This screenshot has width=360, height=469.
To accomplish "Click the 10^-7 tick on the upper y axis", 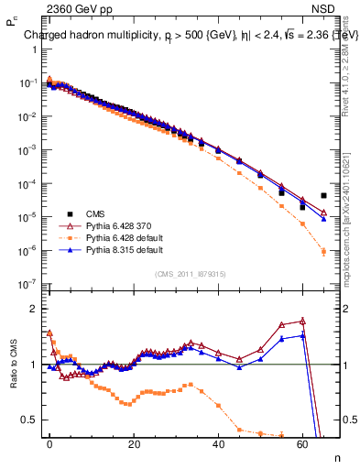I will (26, 284).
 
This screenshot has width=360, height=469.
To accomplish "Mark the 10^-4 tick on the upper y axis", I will (26, 183).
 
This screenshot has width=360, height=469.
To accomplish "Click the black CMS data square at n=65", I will (323, 195).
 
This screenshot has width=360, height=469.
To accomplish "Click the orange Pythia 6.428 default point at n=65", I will (323, 251).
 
